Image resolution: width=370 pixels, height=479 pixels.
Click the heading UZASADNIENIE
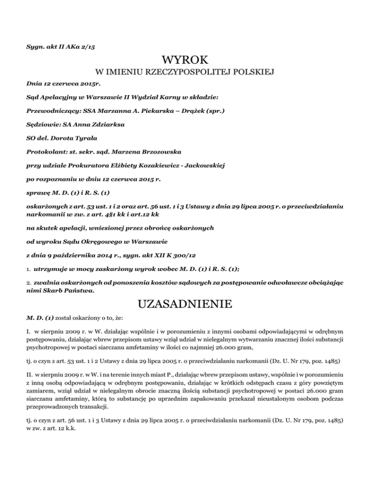185,305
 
